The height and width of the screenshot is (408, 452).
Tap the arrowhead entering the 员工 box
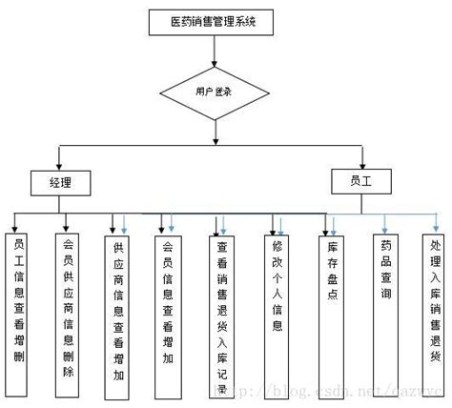362,162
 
